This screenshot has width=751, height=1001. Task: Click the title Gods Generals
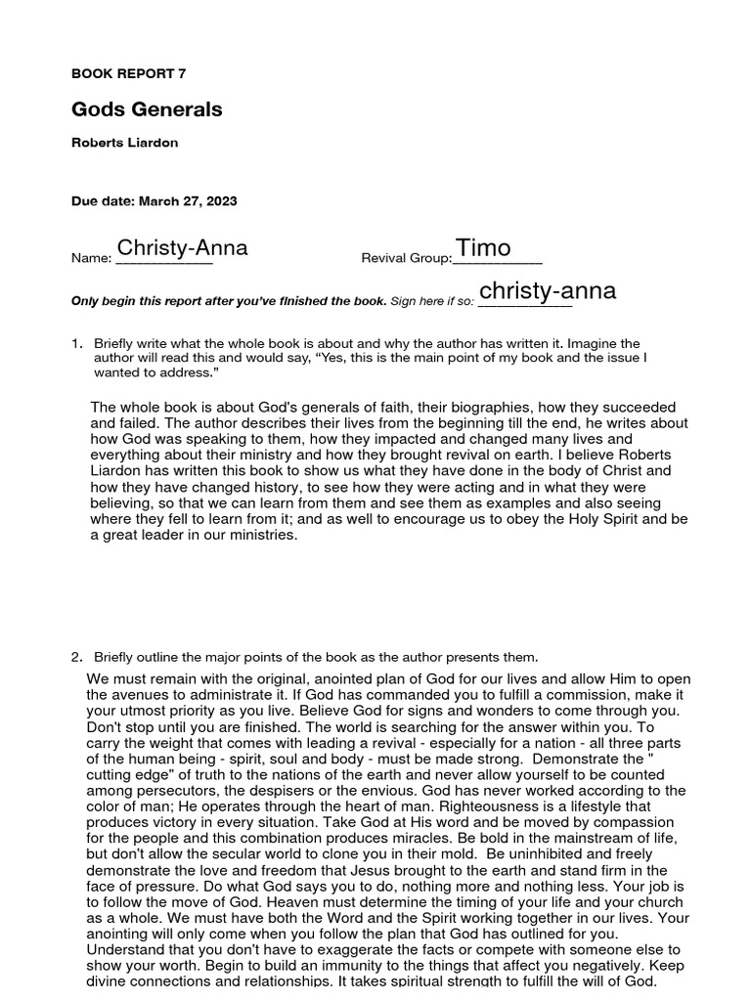[x=147, y=109]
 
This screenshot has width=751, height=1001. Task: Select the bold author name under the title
[x=125, y=143]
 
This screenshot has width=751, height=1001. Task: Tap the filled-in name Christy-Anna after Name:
[x=182, y=248]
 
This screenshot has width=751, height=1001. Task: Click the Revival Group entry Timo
[x=484, y=248]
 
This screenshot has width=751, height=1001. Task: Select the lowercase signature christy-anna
[x=548, y=291]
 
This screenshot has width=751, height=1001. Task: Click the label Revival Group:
[x=407, y=258]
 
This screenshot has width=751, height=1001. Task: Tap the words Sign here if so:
[x=432, y=301]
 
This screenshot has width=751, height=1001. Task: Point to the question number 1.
[x=76, y=344]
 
